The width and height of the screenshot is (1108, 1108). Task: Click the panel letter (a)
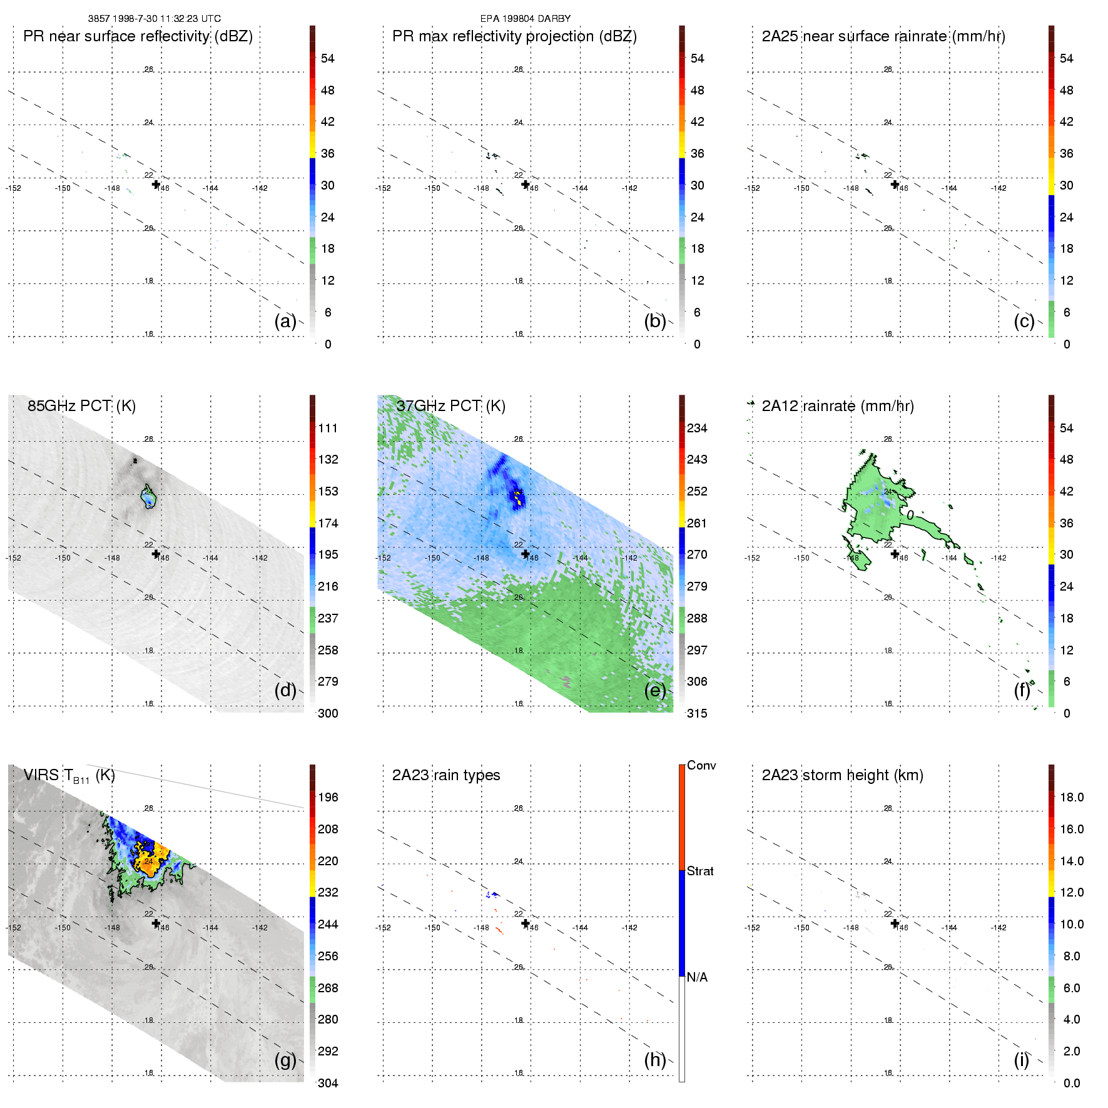tap(285, 322)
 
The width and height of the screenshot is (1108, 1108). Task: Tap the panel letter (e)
tap(654, 691)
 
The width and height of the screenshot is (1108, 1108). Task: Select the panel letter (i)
tap(1021, 1060)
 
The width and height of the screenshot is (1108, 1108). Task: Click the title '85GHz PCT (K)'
tap(81, 406)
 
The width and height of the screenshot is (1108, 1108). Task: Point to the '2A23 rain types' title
tap(445, 775)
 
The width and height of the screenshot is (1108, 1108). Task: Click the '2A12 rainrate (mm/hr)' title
tap(837, 406)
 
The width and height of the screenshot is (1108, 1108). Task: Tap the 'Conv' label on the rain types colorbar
tap(701, 765)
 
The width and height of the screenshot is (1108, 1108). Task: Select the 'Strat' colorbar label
tap(700, 871)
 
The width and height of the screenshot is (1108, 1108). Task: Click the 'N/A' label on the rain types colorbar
tap(697, 977)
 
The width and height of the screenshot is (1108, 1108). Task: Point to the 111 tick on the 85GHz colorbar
tap(328, 428)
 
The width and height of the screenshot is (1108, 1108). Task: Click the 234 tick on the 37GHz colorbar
tap(697, 428)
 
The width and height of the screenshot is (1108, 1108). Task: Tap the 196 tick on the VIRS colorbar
tap(328, 797)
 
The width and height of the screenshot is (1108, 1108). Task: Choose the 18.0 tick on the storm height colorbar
tap(1071, 797)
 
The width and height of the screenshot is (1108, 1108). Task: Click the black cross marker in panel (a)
tap(156, 185)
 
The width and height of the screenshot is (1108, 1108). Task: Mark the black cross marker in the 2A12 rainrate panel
tap(895, 554)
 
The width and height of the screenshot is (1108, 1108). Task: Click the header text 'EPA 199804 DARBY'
tap(525, 19)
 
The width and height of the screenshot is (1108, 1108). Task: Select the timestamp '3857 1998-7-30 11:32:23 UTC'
tap(154, 19)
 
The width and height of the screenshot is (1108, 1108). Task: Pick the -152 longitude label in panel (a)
tap(13, 188)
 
